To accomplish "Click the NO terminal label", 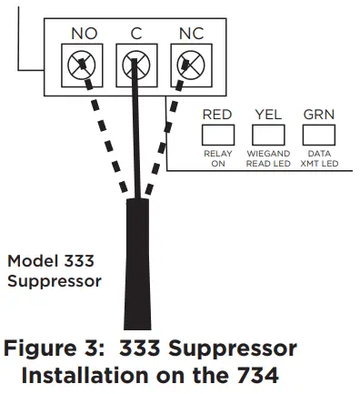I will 84,34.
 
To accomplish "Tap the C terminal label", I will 135,34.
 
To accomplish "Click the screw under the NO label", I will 84,66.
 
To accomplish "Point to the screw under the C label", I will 135,66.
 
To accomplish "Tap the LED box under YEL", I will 268,135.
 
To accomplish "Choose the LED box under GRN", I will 319,135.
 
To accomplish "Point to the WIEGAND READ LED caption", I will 268,159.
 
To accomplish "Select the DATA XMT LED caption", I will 319,159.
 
